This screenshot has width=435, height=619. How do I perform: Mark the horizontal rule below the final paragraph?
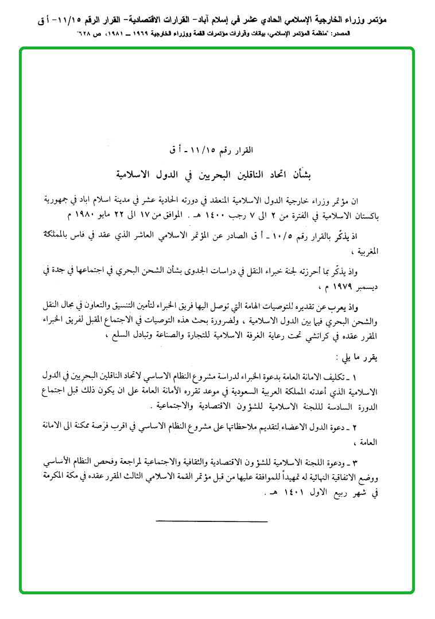point(212,521)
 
